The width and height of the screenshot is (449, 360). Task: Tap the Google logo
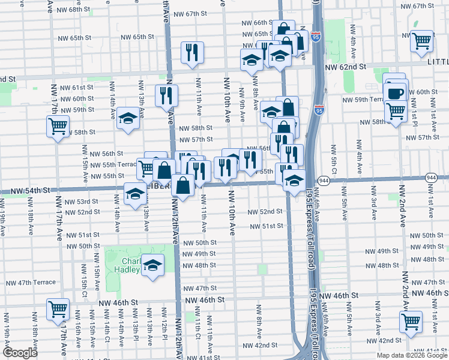[x=20, y=353]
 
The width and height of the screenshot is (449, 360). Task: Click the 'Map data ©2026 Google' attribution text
[x=412, y=355]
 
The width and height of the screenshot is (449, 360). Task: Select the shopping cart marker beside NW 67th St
[x=422, y=41]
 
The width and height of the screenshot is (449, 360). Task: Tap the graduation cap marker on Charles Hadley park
[x=152, y=265]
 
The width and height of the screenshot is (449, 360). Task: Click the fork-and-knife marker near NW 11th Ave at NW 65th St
[x=192, y=52]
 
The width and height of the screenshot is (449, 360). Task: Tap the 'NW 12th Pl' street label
[x=163, y=329]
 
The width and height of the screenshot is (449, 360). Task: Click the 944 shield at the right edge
[x=431, y=178]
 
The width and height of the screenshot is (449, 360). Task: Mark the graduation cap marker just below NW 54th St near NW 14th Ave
[x=135, y=194]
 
